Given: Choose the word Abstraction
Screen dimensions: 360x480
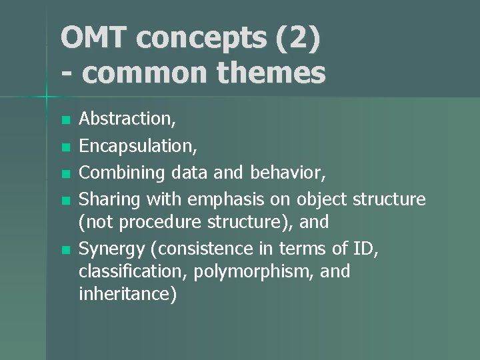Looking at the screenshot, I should [127, 119].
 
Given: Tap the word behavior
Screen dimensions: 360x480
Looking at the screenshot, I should [287, 173].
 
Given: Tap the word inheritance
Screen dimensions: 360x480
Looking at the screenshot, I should [127, 295].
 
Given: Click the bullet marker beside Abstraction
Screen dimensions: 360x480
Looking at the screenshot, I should [65, 121].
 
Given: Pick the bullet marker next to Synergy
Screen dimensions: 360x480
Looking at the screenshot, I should [65, 251].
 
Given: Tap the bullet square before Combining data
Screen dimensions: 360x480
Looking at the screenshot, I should [65, 173].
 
